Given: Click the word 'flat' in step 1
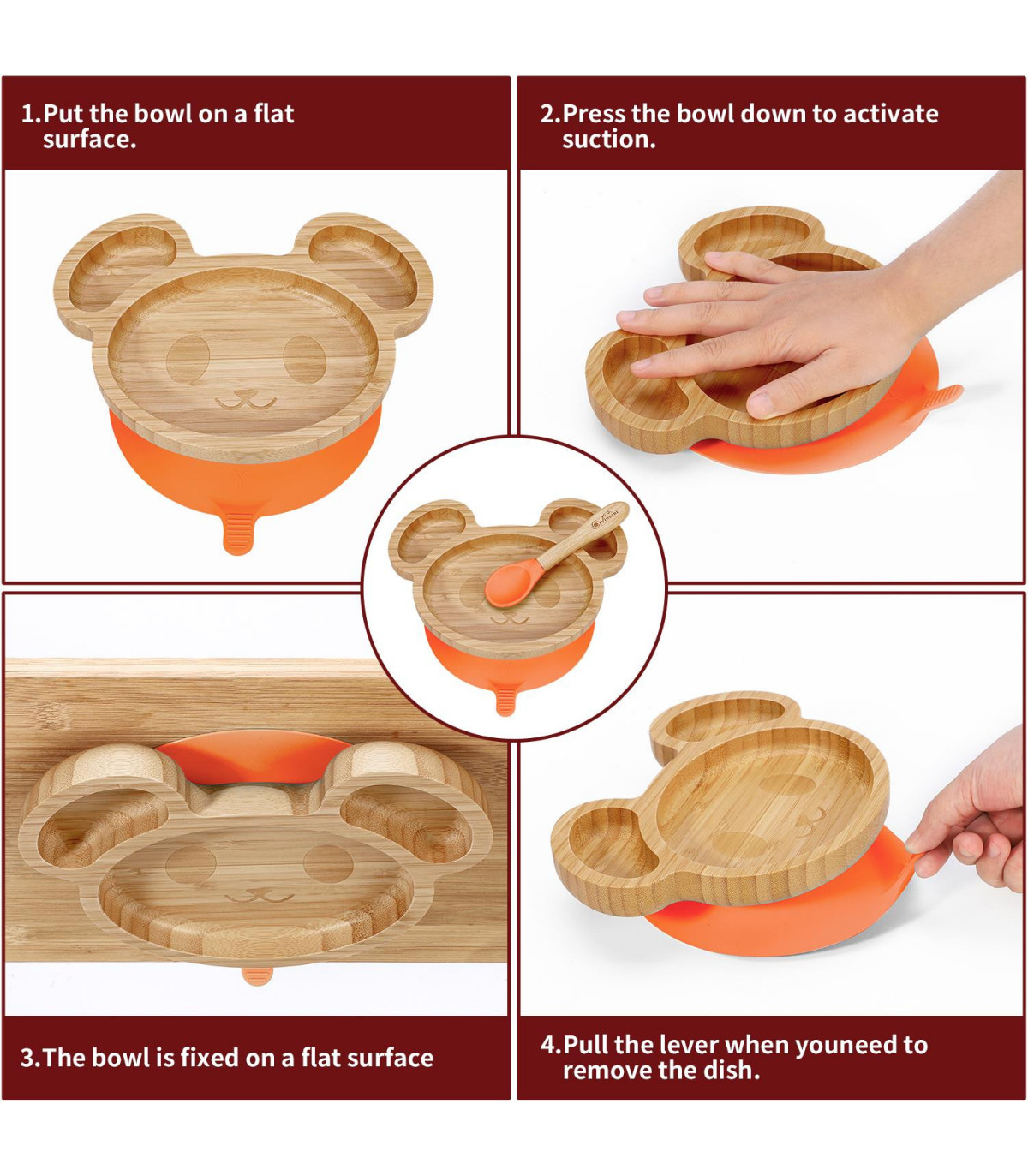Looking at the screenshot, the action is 274,113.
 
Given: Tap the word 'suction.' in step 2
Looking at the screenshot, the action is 609,140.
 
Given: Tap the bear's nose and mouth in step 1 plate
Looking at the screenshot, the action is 246,398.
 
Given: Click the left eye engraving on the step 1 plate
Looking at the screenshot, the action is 188,360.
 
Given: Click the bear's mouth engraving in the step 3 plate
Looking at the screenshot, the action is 255,895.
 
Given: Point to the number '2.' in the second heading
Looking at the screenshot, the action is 549,114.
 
